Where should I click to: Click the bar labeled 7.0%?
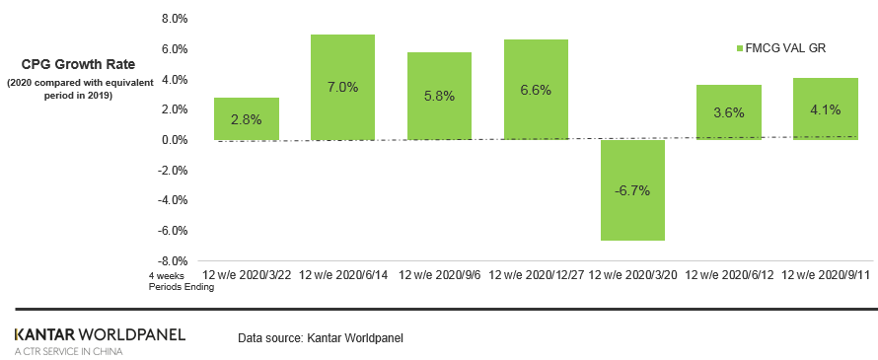click(342, 87)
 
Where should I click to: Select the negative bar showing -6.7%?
click(632, 190)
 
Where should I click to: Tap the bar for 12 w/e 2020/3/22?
click(246, 118)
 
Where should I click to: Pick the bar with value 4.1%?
click(825, 108)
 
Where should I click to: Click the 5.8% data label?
click(439, 97)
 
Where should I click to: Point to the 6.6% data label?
click(536, 90)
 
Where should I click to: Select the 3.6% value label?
click(728, 112)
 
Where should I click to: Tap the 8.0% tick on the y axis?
click(174, 19)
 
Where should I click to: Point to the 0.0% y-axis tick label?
click(174, 140)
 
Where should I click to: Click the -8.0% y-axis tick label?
click(172, 261)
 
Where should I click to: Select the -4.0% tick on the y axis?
click(172, 200)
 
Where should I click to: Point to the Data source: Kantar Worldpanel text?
click(321, 338)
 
